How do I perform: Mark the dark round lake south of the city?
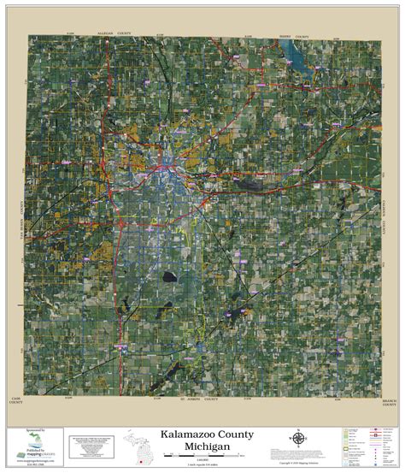pyautogui.click(x=168, y=278)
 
